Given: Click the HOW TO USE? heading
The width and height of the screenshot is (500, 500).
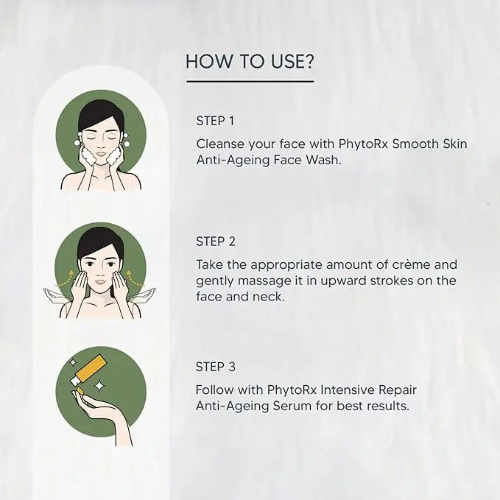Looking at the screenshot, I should click(250, 61).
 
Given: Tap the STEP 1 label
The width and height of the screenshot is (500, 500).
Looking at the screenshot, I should click(215, 120).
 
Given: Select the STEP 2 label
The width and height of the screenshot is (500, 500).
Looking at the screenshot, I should click(215, 241).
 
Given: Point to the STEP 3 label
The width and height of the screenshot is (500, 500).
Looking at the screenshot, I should click(215, 366).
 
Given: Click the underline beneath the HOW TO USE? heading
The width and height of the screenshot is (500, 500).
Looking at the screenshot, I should click(250, 81).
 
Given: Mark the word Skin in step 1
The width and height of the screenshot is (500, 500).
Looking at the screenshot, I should click(451, 144).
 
